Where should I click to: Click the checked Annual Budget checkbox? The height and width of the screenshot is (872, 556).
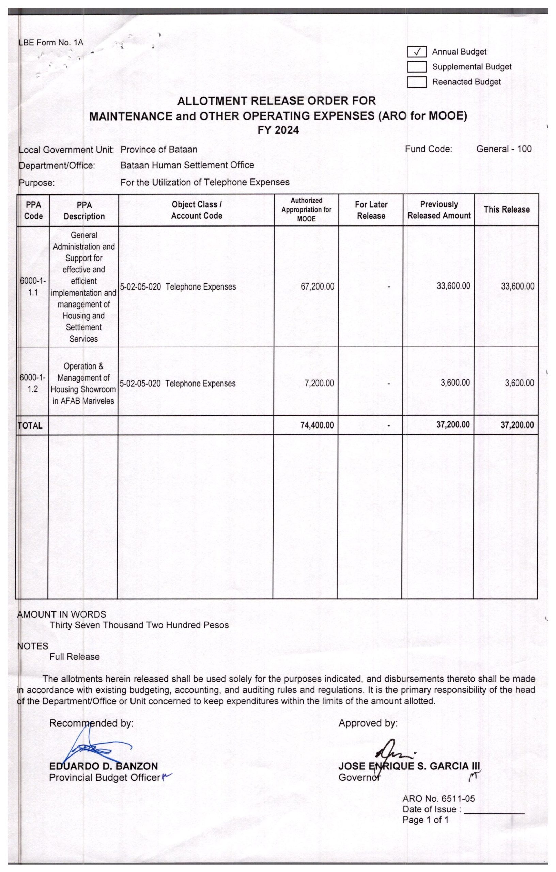click(x=417, y=52)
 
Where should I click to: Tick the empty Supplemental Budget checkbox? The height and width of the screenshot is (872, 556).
click(x=417, y=67)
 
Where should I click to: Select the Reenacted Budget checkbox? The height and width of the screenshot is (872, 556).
click(x=417, y=82)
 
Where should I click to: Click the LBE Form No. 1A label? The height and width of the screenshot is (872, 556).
click(x=51, y=42)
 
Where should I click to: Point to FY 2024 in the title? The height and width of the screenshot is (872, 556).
click(x=278, y=130)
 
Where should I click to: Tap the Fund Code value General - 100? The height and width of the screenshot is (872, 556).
click(x=504, y=149)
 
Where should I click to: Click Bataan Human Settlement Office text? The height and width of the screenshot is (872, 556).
click(x=187, y=165)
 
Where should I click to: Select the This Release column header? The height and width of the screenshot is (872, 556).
click(x=506, y=210)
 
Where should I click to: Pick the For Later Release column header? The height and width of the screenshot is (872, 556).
click(x=371, y=210)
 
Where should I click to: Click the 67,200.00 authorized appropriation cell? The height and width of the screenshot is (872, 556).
click(x=317, y=287)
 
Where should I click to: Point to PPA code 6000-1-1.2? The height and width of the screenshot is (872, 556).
click(x=33, y=384)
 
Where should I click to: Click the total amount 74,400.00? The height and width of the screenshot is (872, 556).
click(x=317, y=425)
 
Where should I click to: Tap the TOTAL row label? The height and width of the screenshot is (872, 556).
click(x=30, y=426)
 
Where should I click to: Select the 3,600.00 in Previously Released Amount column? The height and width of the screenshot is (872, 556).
click(x=455, y=383)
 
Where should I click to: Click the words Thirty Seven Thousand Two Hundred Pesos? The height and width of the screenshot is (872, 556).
click(x=139, y=625)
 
